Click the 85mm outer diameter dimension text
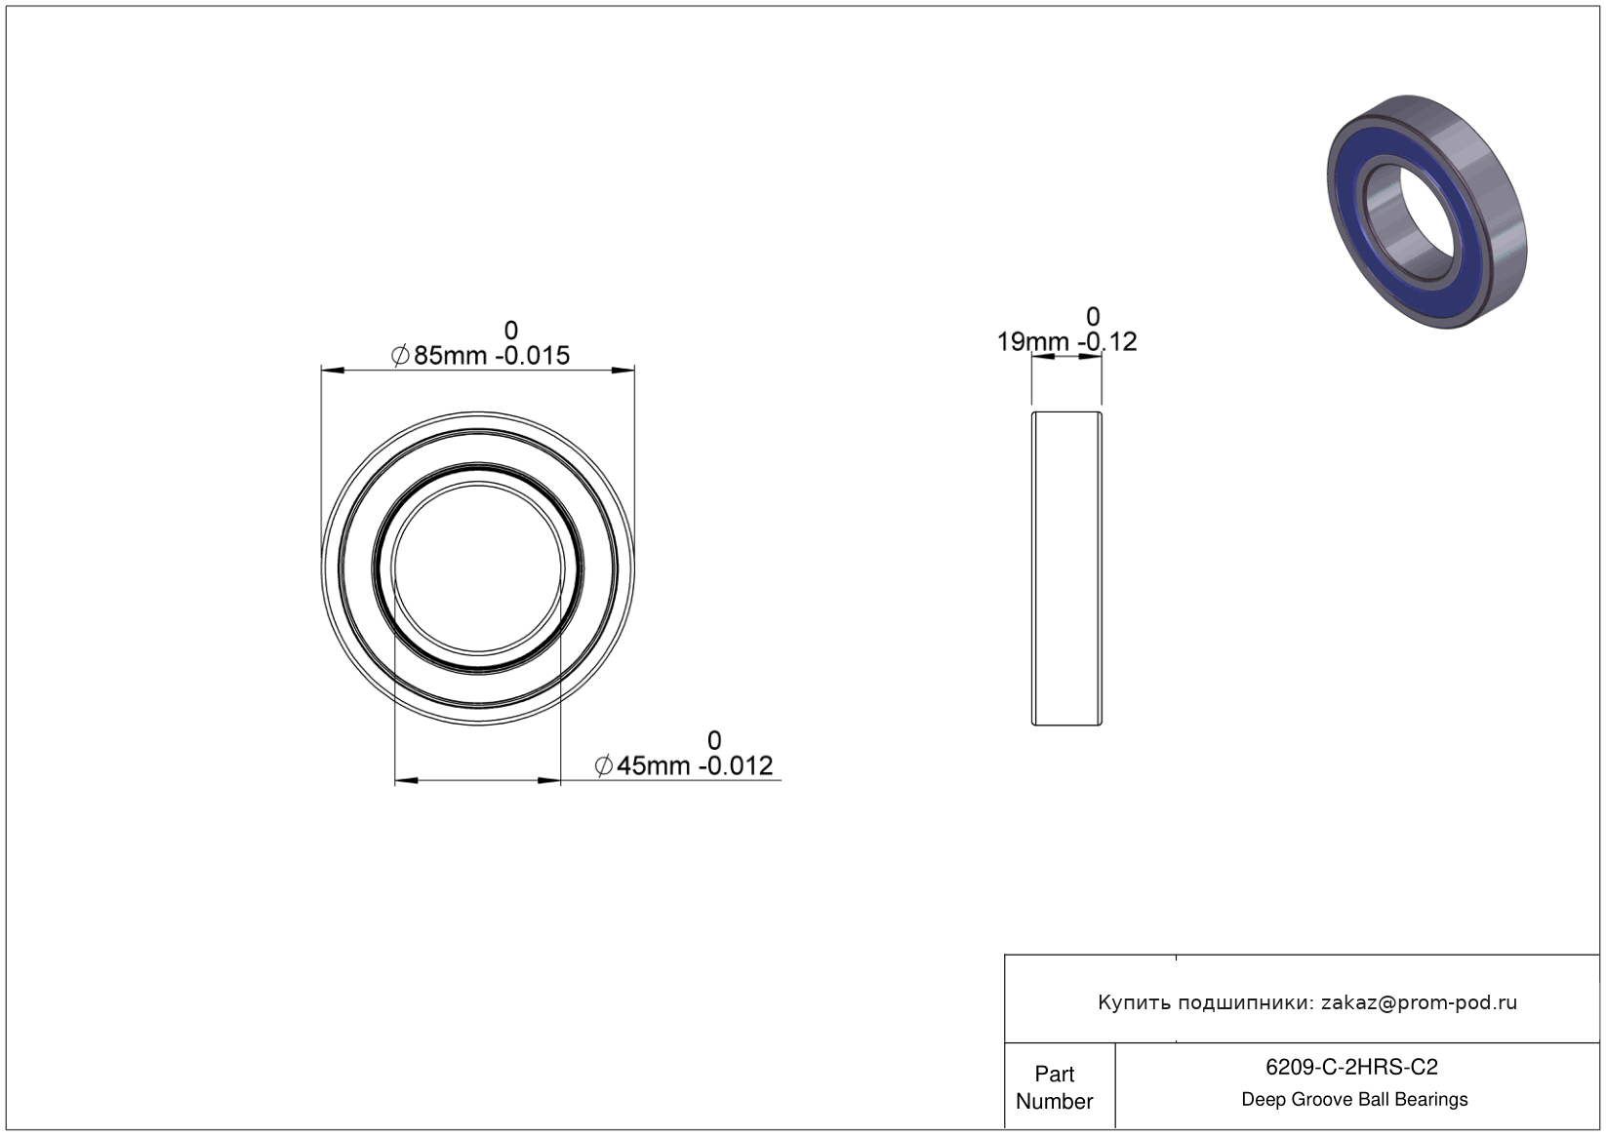(450, 356)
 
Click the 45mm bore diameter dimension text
(653, 766)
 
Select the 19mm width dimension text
(1033, 342)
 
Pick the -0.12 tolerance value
(1107, 342)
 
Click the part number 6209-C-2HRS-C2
(1351, 1067)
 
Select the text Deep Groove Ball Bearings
(1354, 1100)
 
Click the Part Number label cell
(1054, 1087)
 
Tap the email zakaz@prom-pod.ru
(1419, 1002)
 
